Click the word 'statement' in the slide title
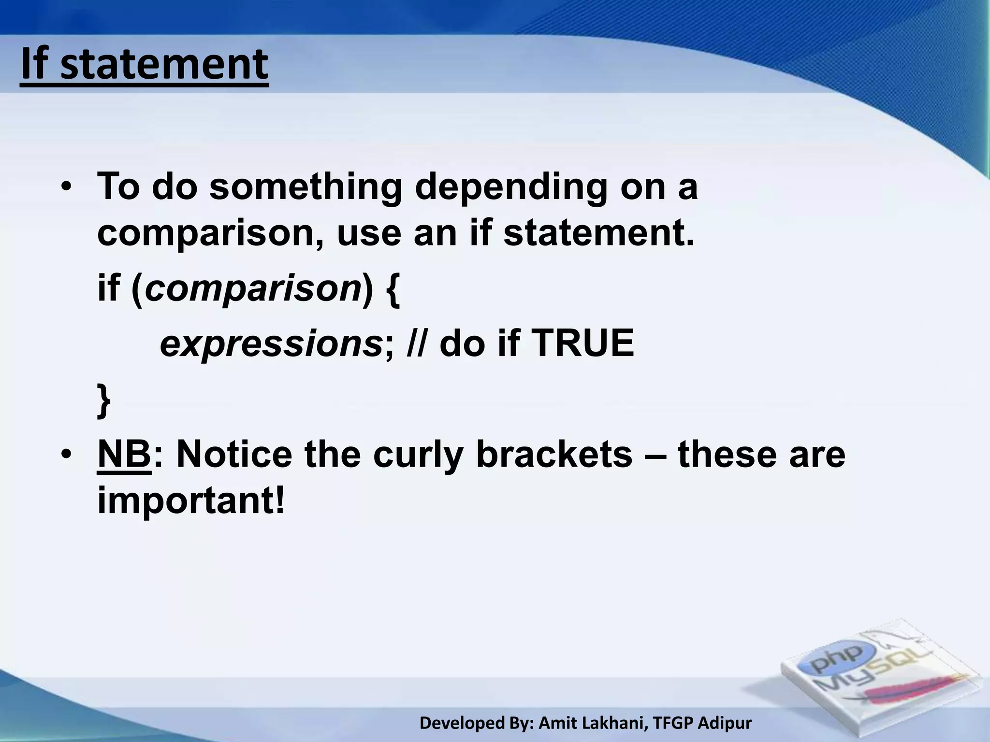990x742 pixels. coord(164,65)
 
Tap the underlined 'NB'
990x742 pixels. coord(124,455)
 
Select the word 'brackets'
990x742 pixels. coord(554,455)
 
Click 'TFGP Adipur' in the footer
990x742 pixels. coord(702,723)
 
